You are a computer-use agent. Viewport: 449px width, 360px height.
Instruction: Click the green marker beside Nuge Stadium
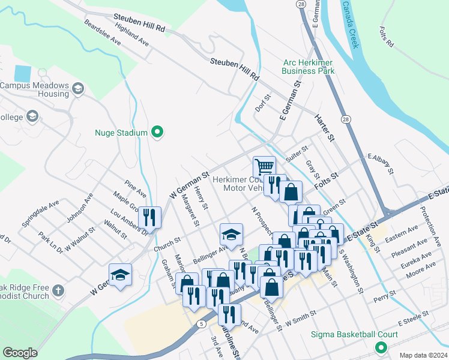[158, 132]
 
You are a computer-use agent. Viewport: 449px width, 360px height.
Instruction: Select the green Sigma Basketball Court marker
[381, 347]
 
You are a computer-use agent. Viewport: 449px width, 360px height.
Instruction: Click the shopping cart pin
[264, 166]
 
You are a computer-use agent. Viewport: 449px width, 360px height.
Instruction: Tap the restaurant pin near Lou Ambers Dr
[149, 217]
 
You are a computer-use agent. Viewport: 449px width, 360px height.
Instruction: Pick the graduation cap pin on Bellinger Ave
[231, 235]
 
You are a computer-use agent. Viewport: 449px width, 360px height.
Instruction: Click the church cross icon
[58, 291]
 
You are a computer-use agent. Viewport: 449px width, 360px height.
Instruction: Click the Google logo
[20, 353]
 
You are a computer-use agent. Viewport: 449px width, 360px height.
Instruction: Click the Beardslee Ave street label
[103, 33]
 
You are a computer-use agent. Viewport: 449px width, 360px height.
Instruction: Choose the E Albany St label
[380, 163]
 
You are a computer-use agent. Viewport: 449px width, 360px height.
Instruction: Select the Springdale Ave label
[41, 213]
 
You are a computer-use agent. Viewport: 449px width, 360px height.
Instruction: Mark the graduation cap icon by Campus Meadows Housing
[77, 90]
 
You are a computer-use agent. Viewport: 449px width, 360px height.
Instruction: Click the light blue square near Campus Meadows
[22, 73]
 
